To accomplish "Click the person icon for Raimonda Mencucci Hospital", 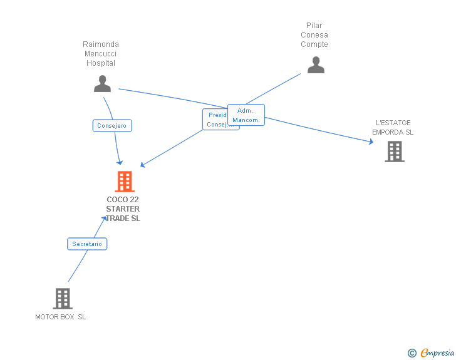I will pos(102,83).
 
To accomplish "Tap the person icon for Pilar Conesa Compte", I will pos(316,64).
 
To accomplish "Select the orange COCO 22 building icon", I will pos(125,182).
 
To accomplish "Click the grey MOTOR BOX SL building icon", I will pos(63,299).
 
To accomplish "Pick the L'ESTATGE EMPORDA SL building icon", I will pos(394,152).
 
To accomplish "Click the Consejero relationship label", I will pos(112,126).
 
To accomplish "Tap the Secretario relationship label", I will pos(87,244).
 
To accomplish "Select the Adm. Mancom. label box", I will pos(246,115).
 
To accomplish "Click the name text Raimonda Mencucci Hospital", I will pos(101,54).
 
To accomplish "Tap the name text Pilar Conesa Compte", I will pos(314,35).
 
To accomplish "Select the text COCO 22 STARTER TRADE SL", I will pos(123,209).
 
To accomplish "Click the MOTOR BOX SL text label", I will pos(61,317).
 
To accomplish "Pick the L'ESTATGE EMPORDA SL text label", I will pos(393,128).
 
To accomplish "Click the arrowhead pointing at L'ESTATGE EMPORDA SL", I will pos(371,142).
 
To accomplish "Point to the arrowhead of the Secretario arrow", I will pos(105,218).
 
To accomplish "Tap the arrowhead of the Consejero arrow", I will pos(120,162).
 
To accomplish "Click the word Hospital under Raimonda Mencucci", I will pos(101,63).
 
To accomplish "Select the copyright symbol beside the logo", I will pos(412,353).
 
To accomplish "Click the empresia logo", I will pos(437,352).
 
